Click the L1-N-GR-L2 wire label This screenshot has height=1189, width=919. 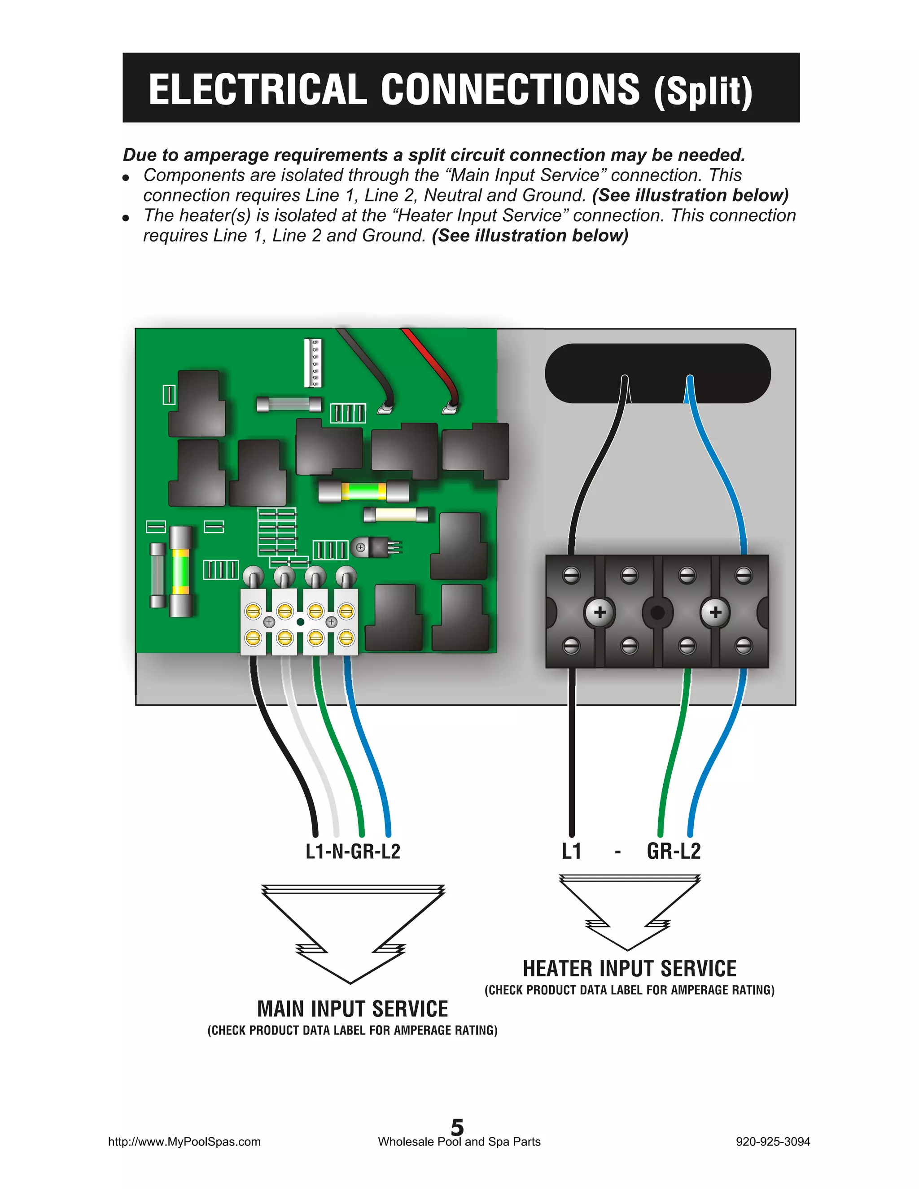coord(353,851)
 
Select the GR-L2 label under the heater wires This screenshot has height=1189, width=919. coord(674,851)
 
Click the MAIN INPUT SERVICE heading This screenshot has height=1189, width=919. coord(352,1009)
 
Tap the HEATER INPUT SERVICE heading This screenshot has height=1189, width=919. coord(630,969)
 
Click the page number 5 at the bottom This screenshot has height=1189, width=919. coord(457,1126)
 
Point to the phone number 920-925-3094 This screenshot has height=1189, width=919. coord(773,1141)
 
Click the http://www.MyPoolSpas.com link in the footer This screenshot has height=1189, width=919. coord(184,1141)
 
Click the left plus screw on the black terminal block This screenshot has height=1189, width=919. coord(600,612)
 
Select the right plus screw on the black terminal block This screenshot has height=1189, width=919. coord(715,612)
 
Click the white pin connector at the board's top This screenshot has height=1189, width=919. coord(313,363)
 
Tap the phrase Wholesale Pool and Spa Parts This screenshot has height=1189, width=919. coord(459,1141)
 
